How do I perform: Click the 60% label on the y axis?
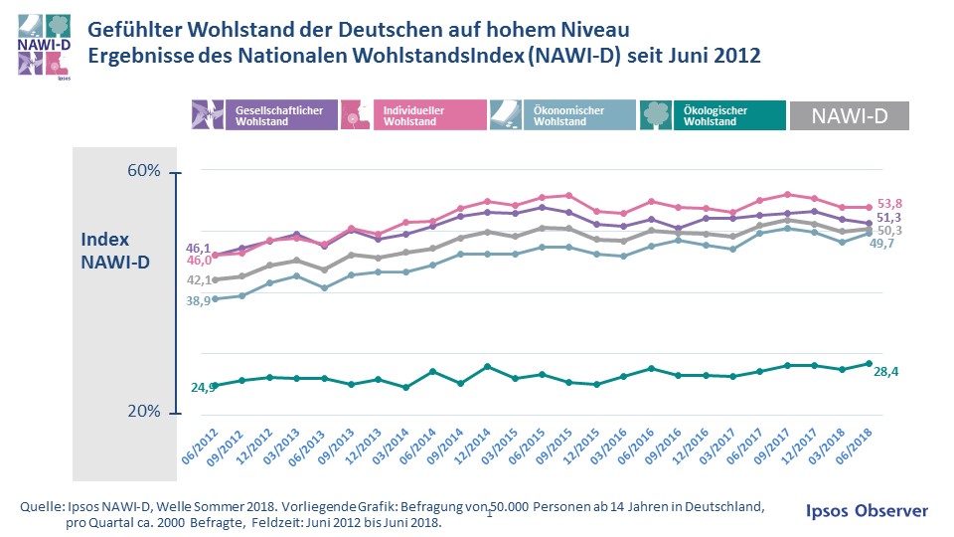pos(144,172)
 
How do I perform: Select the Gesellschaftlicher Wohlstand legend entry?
pos(263,115)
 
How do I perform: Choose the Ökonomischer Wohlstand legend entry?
pos(562,115)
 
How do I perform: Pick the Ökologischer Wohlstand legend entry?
pos(712,115)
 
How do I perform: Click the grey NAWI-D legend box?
pos(849,115)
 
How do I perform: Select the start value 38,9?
pos(199,300)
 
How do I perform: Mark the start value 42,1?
pos(199,280)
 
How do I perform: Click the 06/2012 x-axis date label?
pos(200,443)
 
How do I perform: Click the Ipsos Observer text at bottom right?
pos(866,510)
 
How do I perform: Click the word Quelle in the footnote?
pos(41,507)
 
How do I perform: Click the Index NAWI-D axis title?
pos(114,250)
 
